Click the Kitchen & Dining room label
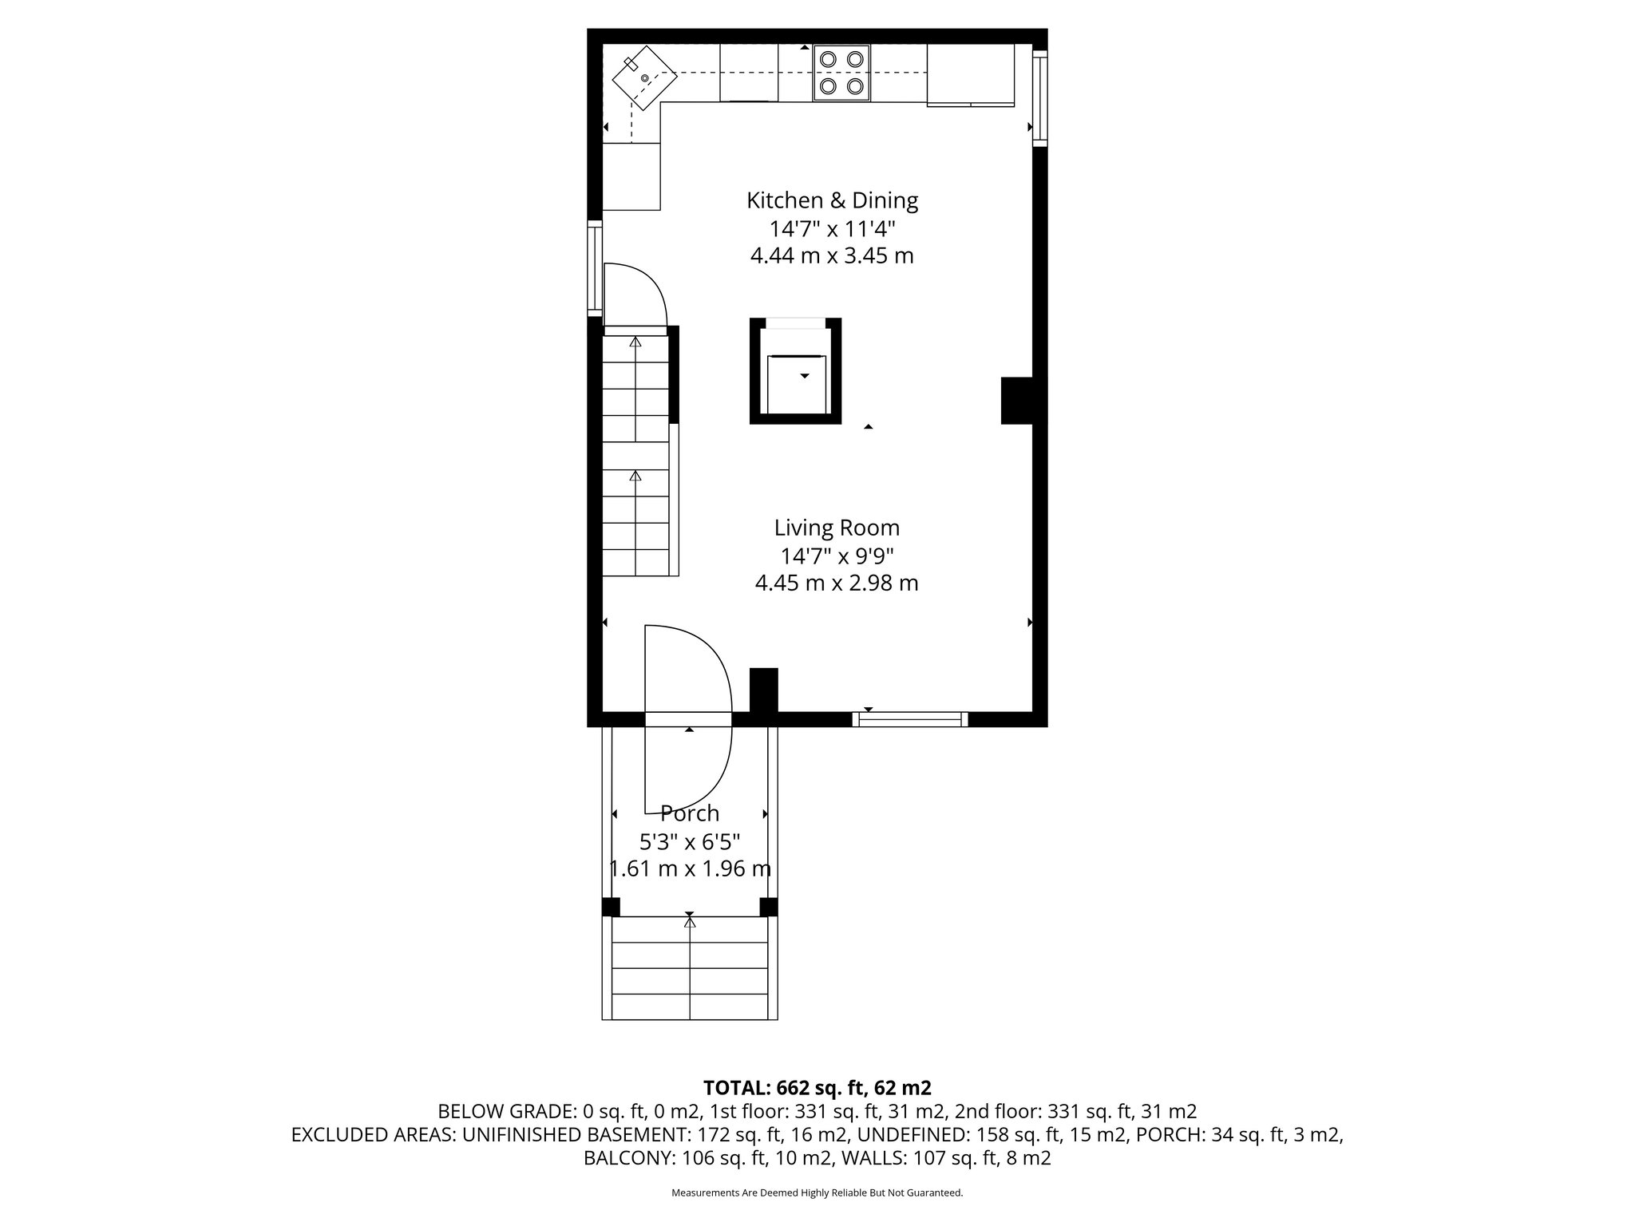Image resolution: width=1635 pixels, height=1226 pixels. click(x=832, y=200)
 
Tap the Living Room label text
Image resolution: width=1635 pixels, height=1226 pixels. click(x=836, y=528)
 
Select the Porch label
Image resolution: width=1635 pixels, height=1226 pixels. click(x=690, y=813)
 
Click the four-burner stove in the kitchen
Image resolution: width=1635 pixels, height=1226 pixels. click(x=841, y=72)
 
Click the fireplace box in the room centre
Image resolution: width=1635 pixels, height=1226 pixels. click(x=795, y=370)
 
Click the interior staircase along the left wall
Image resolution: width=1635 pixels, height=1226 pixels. click(x=635, y=455)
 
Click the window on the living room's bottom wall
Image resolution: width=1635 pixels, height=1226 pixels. click(x=910, y=719)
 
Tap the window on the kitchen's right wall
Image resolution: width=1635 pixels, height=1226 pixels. click(x=1039, y=97)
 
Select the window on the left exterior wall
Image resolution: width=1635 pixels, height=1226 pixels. click(x=595, y=267)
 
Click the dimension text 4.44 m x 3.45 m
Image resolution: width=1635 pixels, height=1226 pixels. click(x=832, y=256)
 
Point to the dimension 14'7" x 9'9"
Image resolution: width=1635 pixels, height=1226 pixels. click(x=836, y=556)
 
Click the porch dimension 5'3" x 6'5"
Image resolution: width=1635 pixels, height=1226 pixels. click(x=690, y=841)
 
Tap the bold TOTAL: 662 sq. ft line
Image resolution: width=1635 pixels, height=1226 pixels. click(x=817, y=1088)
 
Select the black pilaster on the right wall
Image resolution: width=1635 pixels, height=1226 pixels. click(x=1017, y=400)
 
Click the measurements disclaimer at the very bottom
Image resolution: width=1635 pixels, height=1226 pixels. click(x=817, y=1192)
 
